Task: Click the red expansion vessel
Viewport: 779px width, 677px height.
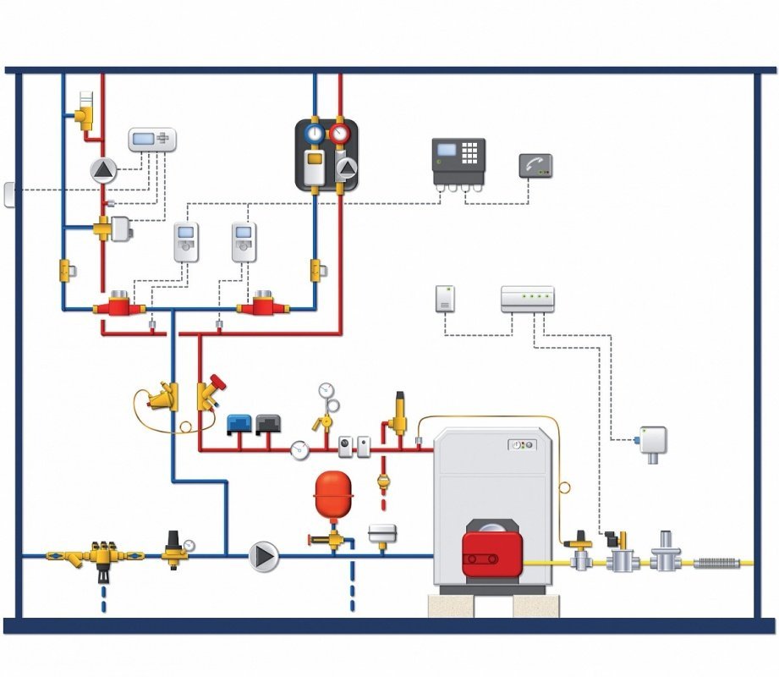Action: pos(332,493)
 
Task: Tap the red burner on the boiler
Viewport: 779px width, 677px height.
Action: pos(491,548)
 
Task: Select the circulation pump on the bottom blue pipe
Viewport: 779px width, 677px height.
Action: pos(264,556)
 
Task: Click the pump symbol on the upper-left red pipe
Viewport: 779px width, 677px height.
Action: pos(103,170)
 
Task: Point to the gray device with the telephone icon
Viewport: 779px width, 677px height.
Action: pos(535,166)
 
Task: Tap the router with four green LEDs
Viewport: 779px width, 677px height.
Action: pos(527,299)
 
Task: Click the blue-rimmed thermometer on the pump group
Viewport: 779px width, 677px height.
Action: pos(315,133)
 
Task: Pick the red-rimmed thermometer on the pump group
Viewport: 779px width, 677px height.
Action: pos(340,133)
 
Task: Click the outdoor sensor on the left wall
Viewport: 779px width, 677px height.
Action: pos(9,194)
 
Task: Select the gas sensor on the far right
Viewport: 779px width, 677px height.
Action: pos(652,441)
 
